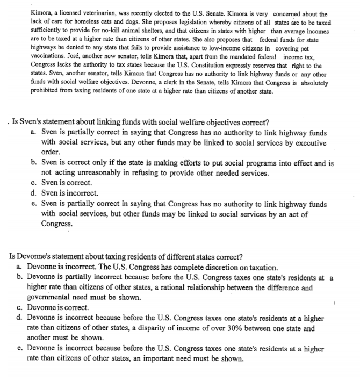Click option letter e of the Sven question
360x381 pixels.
(34, 204)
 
